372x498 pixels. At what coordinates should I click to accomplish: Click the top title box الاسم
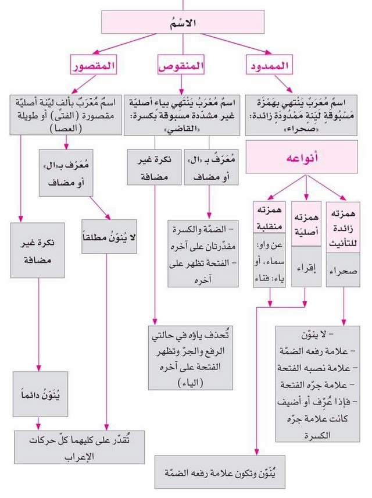[185, 22]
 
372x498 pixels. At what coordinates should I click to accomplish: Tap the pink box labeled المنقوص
[181, 66]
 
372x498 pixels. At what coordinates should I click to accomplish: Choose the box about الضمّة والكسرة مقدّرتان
[203, 254]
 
